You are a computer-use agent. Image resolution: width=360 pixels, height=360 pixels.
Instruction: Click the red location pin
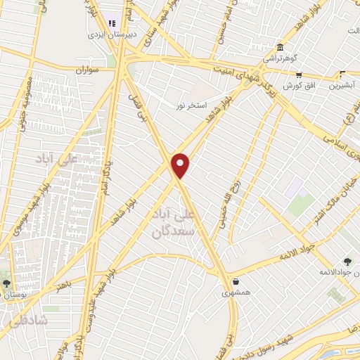(x=181, y=165)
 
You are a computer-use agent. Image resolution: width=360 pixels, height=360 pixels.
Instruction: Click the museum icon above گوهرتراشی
(x=280, y=46)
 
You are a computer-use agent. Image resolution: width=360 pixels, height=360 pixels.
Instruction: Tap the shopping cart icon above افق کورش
(x=299, y=75)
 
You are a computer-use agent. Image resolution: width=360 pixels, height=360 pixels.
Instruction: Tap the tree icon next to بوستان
(x=7, y=284)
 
